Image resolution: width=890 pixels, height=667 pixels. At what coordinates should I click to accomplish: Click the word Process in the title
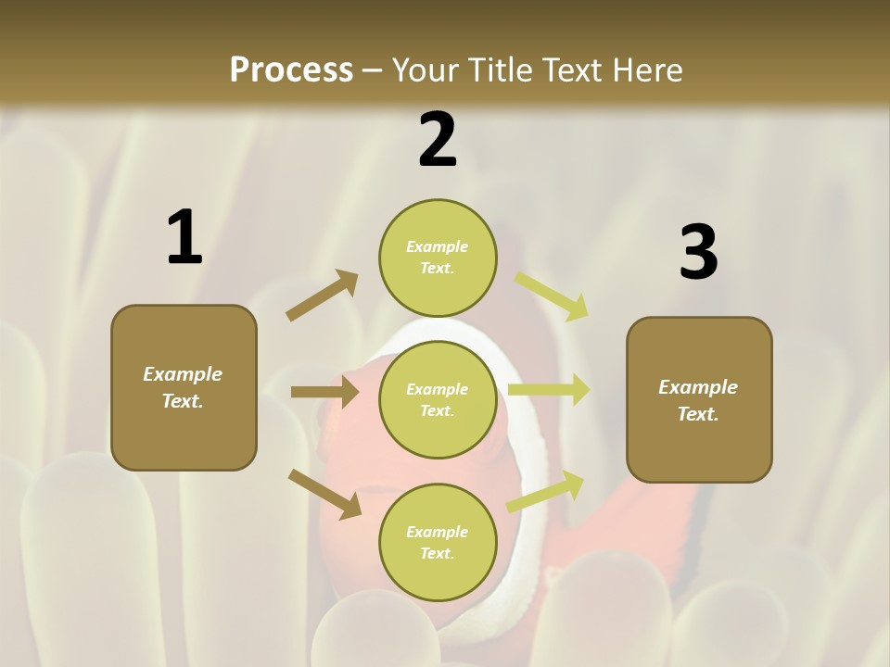[291, 69]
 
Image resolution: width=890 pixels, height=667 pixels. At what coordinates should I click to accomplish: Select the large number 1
[184, 237]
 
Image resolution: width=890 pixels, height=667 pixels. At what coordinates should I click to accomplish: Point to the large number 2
[438, 140]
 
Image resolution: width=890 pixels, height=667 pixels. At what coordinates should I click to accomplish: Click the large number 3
[698, 253]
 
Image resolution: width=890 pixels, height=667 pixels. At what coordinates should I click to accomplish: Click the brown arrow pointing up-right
[323, 296]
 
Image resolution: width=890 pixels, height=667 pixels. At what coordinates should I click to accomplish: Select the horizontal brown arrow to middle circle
[324, 392]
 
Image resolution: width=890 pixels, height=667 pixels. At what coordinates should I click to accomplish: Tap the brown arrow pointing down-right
[324, 493]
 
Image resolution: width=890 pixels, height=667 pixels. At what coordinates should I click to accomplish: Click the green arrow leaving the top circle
[552, 296]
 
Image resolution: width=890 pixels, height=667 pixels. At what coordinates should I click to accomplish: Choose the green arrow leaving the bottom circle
[545, 493]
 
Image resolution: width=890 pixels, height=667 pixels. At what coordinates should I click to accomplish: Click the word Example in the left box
[183, 374]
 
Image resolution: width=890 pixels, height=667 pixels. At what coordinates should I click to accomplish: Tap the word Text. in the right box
[698, 414]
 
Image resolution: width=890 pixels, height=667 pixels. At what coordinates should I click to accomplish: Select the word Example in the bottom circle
[437, 532]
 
